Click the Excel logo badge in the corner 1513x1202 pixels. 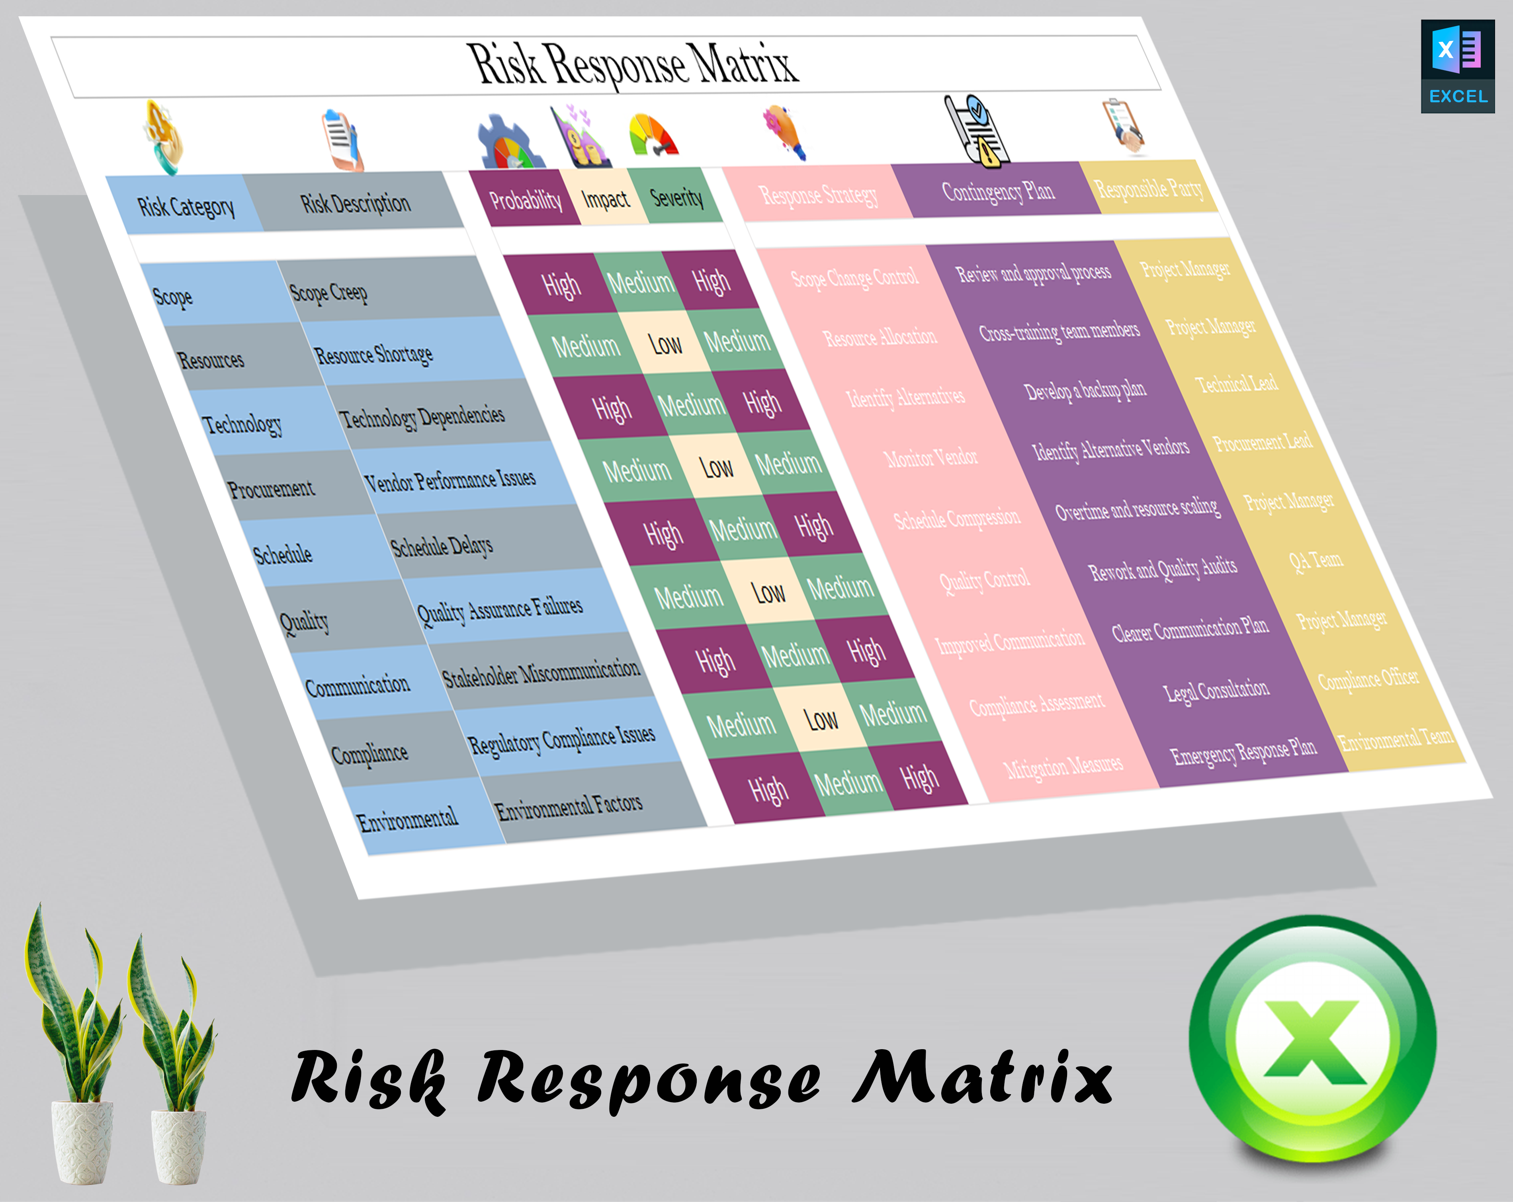[x=1458, y=66]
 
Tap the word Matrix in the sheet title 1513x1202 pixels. [x=743, y=63]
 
